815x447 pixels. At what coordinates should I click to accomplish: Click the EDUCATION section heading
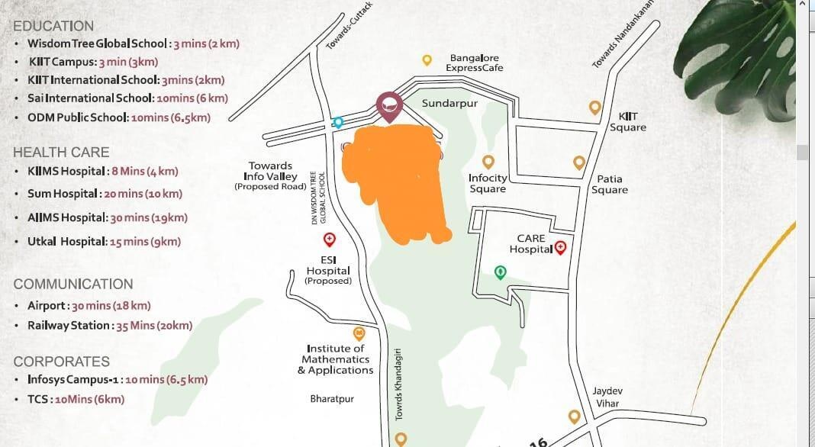coord(53,26)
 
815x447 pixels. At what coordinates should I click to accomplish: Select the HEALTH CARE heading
coord(61,153)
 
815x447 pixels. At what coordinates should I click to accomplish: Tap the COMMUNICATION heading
coord(73,284)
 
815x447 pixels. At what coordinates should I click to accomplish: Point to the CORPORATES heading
coord(62,362)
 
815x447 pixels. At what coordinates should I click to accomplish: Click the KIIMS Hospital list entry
coord(103,172)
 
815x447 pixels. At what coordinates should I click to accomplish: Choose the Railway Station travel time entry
coord(110,326)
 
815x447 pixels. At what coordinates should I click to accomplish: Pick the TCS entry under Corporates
coord(76,399)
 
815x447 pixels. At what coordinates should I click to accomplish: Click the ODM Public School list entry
coord(119,117)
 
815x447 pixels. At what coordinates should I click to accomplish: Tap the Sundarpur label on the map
coord(449,103)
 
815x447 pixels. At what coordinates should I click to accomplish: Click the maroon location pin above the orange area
coord(388,106)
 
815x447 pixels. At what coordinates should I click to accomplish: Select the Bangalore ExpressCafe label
coord(474,63)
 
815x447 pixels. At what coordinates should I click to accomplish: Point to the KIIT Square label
coord(628,122)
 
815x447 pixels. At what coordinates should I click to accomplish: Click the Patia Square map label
coord(610,185)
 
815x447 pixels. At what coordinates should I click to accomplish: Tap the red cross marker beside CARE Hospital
coord(561,246)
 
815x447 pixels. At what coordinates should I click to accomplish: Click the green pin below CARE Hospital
coord(500,272)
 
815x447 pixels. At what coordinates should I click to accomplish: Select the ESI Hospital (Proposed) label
coord(328,270)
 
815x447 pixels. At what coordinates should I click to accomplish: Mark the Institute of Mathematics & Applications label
coord(336,359)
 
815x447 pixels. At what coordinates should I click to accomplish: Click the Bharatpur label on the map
coord(332,399)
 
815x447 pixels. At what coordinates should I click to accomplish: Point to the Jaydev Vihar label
coord(607,396)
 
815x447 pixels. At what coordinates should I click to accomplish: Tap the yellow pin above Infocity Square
coord(488,161)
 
